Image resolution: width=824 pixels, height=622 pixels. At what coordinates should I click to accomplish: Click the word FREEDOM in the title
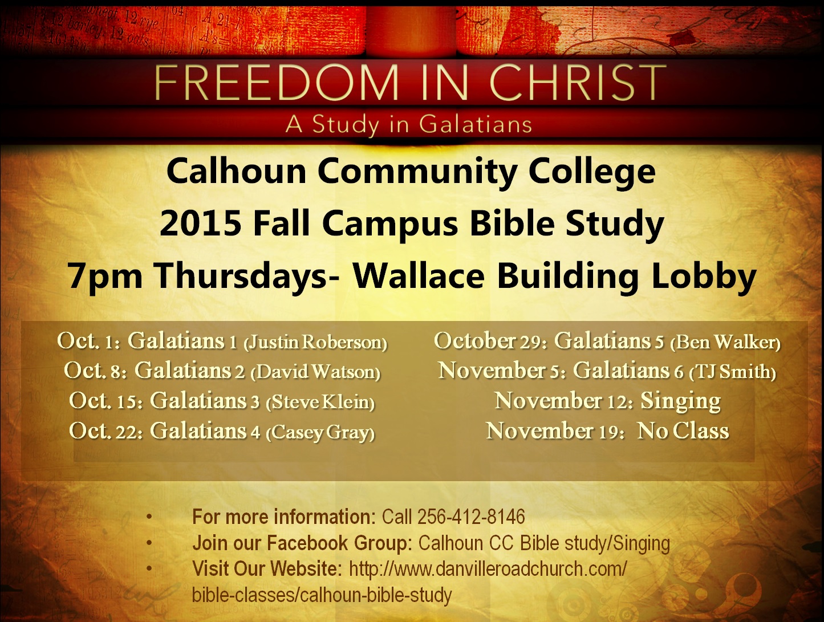click(x=276, y=83)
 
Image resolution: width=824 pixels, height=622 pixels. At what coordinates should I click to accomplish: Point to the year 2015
click(x=201, y=224)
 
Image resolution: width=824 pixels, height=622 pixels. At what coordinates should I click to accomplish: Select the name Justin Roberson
click(x=315, y=343)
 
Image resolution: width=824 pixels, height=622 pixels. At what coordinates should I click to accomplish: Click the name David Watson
click(x=315, y=372)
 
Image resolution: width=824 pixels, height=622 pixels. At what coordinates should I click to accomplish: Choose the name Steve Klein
click(x=320, y=402)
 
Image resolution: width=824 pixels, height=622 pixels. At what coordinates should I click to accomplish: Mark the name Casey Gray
click(x=320, y=433)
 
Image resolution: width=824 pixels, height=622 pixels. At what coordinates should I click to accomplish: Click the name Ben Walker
click(x=725, y=343)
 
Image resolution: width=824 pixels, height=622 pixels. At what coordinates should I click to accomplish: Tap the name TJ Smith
click(x=732, y=372)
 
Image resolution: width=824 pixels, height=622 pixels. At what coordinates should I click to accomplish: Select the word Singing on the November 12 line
click(x=681, y=401)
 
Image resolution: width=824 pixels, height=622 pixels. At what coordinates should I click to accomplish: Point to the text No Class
click(x=683, y=430)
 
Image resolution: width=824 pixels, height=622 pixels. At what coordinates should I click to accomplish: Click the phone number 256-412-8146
click(x=471, y=517)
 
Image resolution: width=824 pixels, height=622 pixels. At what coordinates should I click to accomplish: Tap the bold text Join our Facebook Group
click(x=303, y=543)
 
